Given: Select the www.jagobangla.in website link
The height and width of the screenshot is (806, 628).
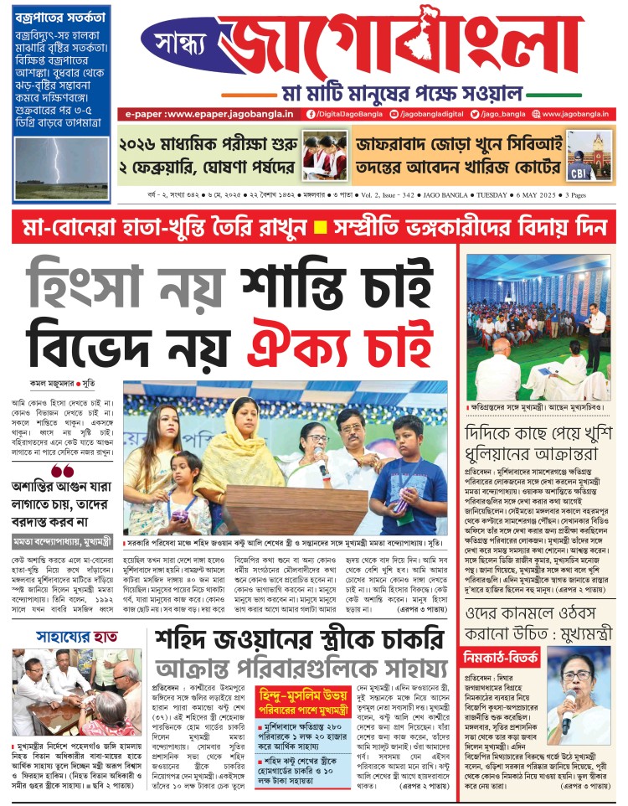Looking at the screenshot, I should point(574,113).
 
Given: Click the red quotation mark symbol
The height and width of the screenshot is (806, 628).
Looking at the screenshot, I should point(61,471).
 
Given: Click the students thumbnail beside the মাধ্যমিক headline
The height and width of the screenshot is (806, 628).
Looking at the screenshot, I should point(325,156).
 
